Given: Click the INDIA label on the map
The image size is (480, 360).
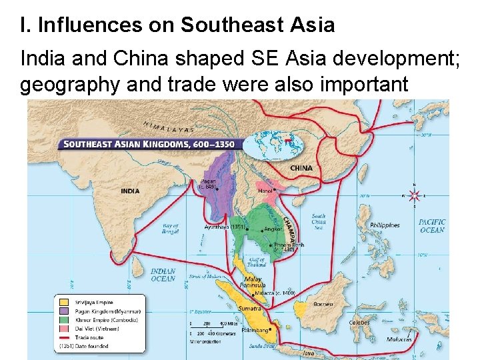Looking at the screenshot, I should coord(130,191).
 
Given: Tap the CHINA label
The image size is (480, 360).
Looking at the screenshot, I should coord(301,168).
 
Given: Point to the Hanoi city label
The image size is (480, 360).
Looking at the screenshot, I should coord(265,191).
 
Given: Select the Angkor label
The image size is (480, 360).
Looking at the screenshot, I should coord(273,229).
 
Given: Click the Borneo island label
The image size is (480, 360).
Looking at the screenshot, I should coord(323,304).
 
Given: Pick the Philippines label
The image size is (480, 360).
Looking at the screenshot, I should coord(384,225).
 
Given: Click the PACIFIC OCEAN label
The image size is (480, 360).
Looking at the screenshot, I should coord(432,226).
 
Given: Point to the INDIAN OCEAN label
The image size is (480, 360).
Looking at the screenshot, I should coord(163,275).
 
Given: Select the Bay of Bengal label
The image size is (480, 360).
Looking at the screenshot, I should coord(170,229).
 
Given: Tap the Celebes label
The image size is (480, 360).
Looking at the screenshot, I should coord(359,322).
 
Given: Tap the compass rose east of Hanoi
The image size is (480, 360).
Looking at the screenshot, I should coord(414,195).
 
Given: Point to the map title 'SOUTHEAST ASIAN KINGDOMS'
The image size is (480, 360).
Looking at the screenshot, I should coord(147,143).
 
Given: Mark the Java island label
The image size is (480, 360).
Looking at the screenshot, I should coord(307,353).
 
